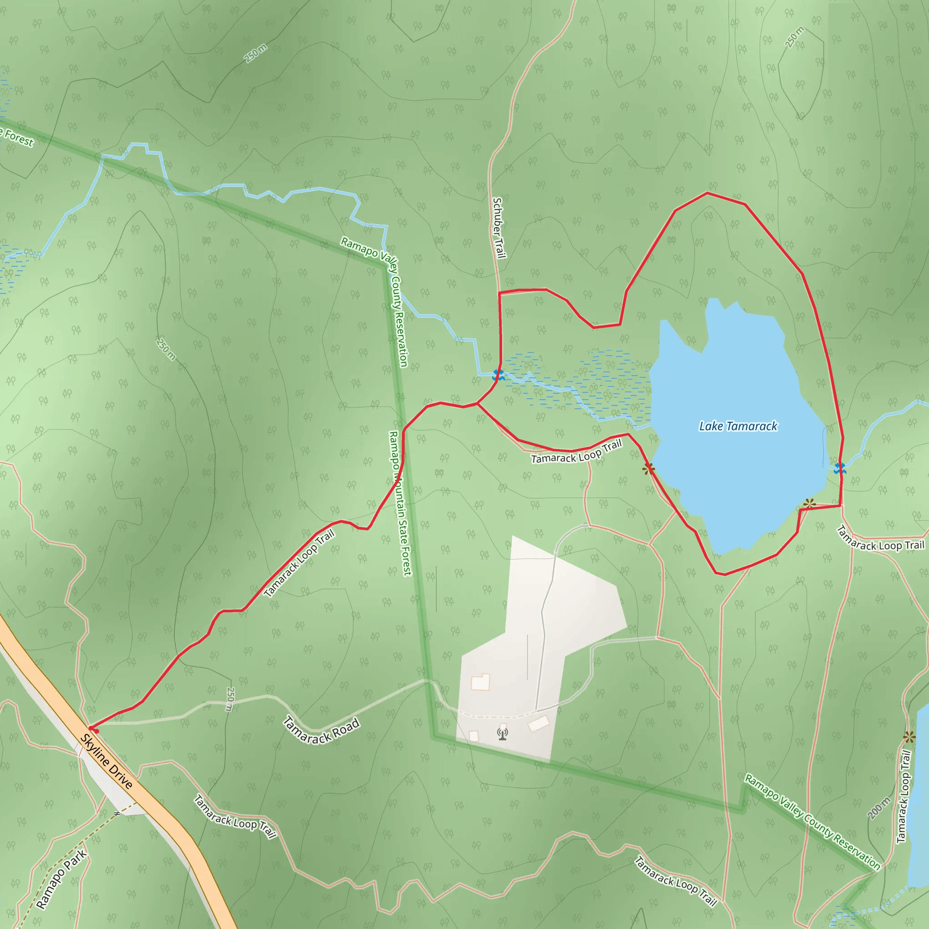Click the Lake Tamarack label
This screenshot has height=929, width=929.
click(738, 426)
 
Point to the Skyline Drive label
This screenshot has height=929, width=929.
click(106, 762)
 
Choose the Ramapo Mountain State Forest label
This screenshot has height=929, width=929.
click(400, 503)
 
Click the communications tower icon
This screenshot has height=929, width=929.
click(503, 734)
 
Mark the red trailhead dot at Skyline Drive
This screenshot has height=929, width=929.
click(93, 730)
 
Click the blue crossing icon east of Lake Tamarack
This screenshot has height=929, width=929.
click(840, 468)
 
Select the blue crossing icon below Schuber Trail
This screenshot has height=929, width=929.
click(498, 375)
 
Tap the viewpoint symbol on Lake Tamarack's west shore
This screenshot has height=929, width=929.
click(649, 468)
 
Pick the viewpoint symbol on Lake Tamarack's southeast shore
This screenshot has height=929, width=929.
click(810, 504)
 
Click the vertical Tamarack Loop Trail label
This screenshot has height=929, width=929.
click(904, 796)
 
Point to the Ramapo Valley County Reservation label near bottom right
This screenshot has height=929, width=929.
click(812, 822)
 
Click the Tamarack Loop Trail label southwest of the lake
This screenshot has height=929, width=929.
click(577, 452)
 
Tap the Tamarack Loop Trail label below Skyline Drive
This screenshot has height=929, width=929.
click(235, 817)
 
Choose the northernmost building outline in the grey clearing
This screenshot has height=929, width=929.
click(480, 682)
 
